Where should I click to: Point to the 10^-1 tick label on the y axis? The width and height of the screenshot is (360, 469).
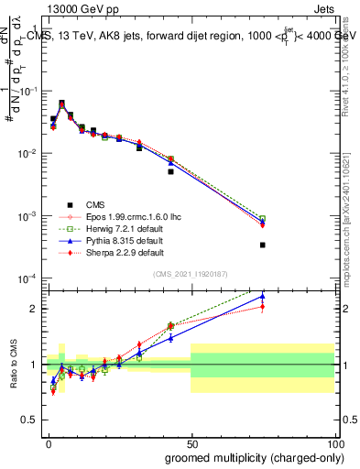pos(29,92)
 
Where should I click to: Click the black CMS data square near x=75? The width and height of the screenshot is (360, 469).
pos(262,245)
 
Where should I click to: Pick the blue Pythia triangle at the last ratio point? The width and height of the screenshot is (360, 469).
pos(262,296)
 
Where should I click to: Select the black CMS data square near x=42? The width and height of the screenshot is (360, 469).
pos(170,171)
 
